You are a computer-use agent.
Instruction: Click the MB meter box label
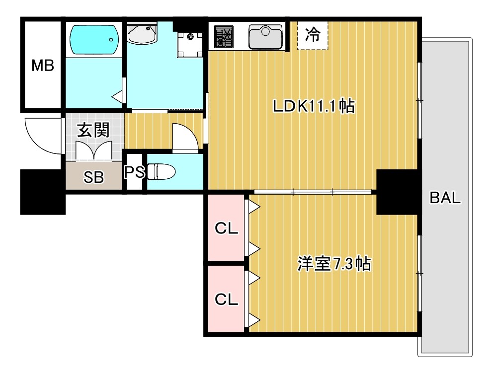[x=43, y=65]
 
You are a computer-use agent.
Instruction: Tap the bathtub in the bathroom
[x=93, y=40]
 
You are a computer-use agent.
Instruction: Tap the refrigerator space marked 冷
[x=313, y=35]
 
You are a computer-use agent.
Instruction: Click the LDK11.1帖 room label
[x=313, y=106]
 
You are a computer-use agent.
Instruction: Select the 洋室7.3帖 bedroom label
[x=334, y=263]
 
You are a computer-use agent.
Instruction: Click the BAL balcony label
[x=445, y=198]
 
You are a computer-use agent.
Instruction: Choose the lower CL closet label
[x=226, y=299]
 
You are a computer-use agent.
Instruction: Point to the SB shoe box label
[x=93, y=177]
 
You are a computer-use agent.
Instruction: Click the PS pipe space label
[x=134, y=172]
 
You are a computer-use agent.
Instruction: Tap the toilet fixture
[x=162, y=172]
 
